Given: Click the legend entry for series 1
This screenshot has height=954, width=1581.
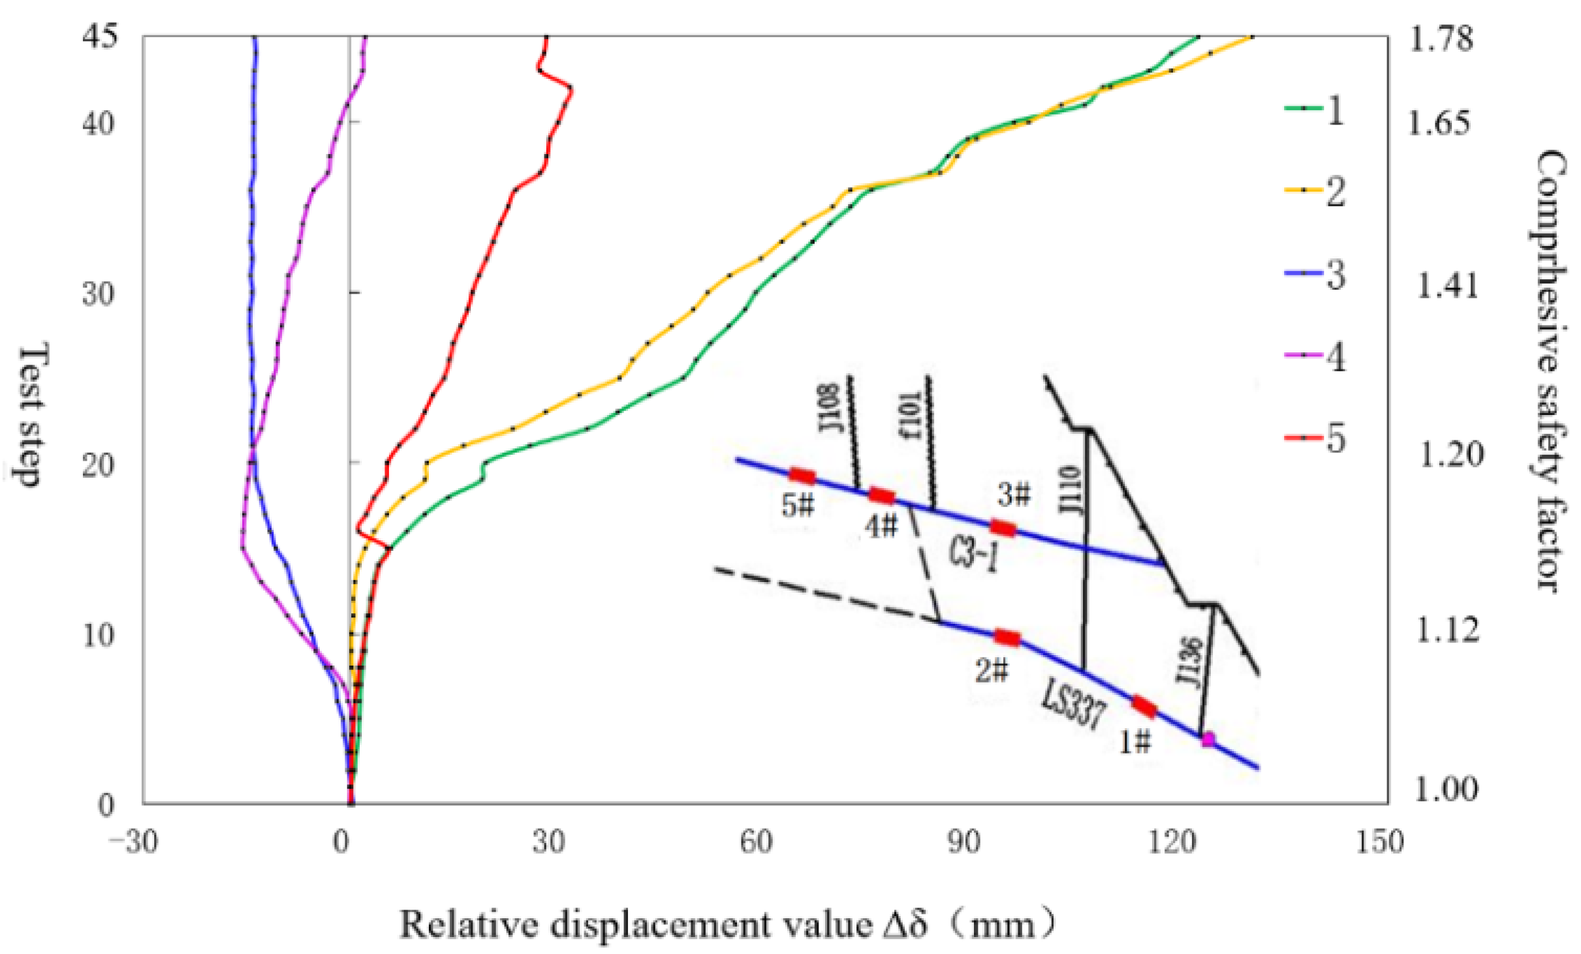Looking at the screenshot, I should tap(1315, 110).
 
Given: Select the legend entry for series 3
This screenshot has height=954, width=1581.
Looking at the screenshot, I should tap(1315, 275).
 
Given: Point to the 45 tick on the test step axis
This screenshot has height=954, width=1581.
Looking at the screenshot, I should tap(100, 36).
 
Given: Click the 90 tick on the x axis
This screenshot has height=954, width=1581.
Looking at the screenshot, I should tap(963, 842).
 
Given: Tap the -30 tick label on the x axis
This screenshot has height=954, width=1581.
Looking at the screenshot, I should tap(134, 842).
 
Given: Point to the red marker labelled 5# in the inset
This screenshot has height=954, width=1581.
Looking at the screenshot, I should tap(802, 476).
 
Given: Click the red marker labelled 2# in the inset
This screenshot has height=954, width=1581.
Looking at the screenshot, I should tap(1007, 638).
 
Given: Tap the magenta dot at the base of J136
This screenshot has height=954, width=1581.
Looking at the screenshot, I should tap(1208, 739).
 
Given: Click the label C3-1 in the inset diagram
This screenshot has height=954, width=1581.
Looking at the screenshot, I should tap(973, 556).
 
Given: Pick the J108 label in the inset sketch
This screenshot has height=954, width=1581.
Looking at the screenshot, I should tap(831, 408).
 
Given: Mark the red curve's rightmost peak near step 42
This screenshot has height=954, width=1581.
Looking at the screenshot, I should tap(571, 89).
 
